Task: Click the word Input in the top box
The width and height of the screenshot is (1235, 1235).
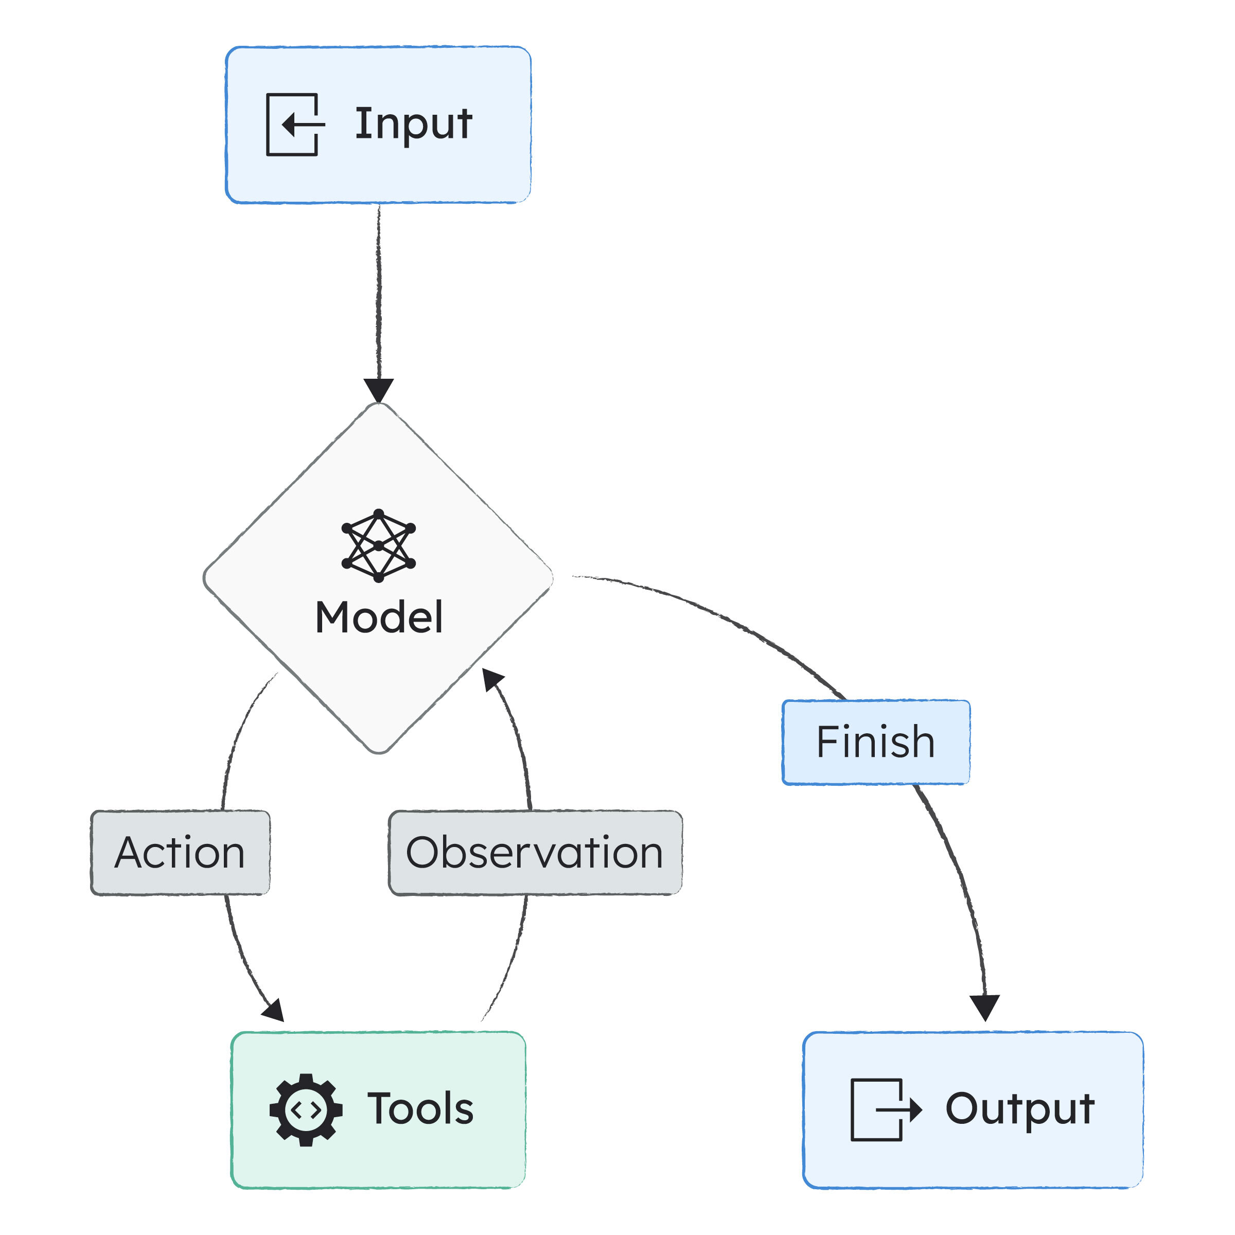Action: pyautogui.click(x=414, y=125)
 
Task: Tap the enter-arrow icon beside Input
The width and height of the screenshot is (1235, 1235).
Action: pyautogui.click(x=294, y=125)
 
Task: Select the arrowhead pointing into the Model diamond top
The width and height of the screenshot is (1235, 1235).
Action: pyautogui.click(x=378, y=390)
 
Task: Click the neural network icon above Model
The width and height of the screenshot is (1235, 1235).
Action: pyautogui.click(x=378, y=545)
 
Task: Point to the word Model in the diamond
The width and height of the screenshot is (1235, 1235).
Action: pyautogui.click(x=378, y=617)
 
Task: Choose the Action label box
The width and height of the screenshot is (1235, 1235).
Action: pyautogui.click(x=180, y=853)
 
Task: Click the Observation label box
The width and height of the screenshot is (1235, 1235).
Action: pyautogui.click(x=535, y=853)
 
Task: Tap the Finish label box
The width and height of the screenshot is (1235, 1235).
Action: pyautogui.click(x=876, y=742)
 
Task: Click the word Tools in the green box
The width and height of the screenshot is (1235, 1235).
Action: pyautogui.click(x=420, y=1109)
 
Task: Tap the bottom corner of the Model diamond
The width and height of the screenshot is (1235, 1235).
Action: pyautogui.click(x=378, y=752)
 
